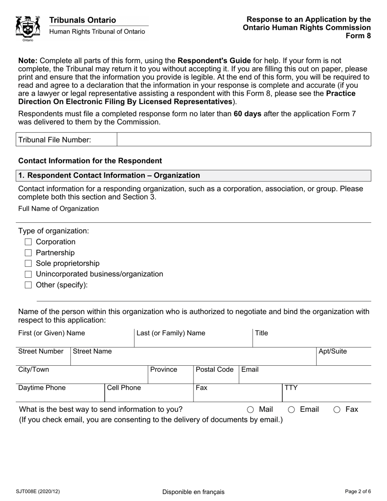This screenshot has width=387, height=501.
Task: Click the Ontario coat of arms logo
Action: click(28, 28)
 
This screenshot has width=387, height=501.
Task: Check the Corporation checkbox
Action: click(28, 242)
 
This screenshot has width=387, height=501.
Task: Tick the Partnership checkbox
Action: click(28, 253)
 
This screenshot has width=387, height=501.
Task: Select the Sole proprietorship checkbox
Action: click(28, 264)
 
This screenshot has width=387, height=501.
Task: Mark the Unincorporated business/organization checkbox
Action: click(28, 274)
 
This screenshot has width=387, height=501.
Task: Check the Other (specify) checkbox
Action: click(28, 285)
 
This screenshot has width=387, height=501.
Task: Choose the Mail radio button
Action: click(251, 410)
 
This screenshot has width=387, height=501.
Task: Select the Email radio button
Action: click(292, 410)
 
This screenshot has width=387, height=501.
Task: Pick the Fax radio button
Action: click(337, 410)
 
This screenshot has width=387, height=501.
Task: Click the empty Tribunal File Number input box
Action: click(244, 139)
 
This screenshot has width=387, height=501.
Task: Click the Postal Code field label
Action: click(215, 369)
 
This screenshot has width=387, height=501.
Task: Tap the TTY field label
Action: click(291, 388)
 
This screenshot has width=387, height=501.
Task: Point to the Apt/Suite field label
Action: click(332, 351)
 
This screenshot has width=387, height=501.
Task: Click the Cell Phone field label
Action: click(124, 388)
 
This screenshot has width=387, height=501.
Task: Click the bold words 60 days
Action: click(248, 114)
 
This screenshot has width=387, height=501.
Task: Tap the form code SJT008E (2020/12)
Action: click(39, 492)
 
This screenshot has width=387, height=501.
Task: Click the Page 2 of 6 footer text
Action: click(357, 492)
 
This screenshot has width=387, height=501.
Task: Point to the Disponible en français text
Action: click(193, 492)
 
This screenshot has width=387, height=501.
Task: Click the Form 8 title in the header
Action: click(358, 35)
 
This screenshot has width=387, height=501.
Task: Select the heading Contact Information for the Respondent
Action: click(90, 161)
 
